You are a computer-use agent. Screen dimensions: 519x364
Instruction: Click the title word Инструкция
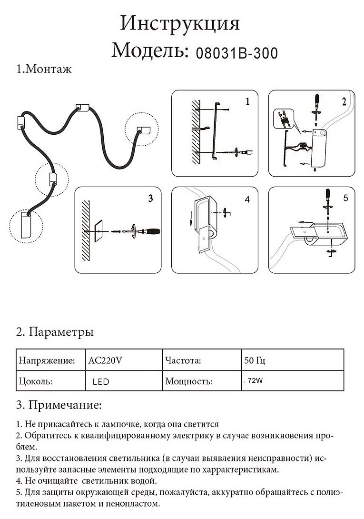180,23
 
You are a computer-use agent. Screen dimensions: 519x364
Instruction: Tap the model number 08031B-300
236,52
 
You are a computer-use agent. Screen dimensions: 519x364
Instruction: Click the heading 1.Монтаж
44,70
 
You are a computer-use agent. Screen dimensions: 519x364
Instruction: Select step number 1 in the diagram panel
247,101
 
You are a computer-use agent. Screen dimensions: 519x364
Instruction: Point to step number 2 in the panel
344,101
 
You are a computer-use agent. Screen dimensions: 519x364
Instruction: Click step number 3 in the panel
150,198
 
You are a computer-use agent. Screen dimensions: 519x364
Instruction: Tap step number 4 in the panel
247,199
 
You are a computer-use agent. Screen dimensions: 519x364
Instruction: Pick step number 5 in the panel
345,197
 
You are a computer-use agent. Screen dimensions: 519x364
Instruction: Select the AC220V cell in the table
106,360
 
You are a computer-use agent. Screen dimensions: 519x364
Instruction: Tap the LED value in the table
101,382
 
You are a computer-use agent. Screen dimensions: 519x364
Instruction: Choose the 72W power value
256,381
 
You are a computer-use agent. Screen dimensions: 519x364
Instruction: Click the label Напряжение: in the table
47,360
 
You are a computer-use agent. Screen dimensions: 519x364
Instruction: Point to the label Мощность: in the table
188,382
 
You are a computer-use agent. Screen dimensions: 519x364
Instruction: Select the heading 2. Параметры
55,332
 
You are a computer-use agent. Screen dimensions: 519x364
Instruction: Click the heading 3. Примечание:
59,405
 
